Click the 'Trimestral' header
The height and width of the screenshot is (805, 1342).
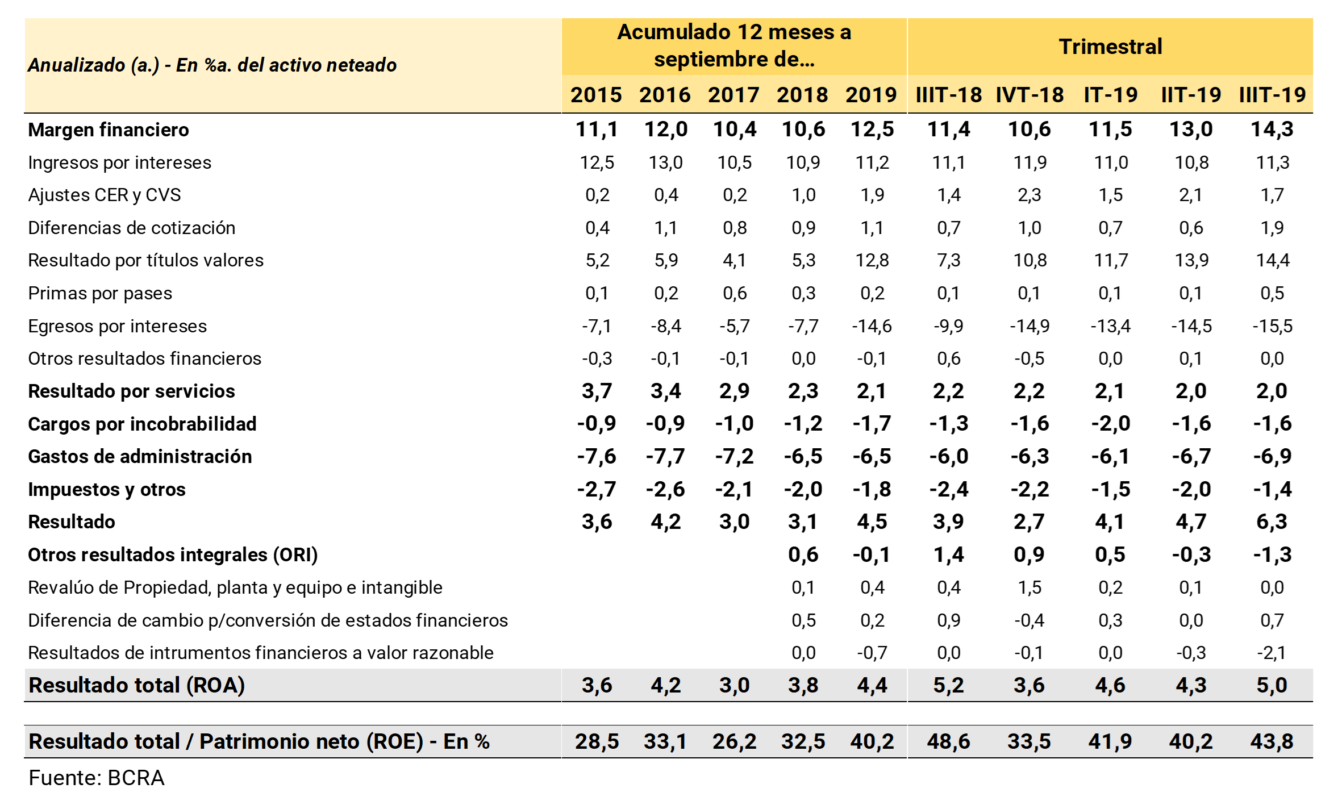point(1110,47)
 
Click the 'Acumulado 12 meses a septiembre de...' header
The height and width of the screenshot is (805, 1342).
point(734,45)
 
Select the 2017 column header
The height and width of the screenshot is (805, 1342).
point(733,95)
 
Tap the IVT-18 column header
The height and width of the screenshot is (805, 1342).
point(1030,95)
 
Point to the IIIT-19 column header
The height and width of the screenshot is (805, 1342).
point(1272,95)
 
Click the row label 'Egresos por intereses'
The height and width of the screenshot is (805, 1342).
point(117,326)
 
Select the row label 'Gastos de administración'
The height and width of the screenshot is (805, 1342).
point(140,457)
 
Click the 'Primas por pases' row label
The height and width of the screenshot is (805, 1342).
point(100,293)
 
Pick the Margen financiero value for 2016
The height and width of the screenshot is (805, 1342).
point(665,130)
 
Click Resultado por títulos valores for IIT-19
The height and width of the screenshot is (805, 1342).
point(1191,260)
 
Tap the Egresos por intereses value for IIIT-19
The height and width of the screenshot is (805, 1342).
point(1272,326)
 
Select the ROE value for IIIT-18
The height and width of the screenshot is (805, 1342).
point(948,741)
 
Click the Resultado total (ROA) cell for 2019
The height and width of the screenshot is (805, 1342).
point(872,685)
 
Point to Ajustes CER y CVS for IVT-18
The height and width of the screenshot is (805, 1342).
point(1030,195)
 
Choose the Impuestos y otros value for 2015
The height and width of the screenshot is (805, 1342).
point(597,489)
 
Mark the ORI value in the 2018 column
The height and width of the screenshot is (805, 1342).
point(803,554)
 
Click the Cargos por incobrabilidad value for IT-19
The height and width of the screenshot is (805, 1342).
point(1110,424)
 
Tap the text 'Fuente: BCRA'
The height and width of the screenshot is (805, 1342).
point(97,778)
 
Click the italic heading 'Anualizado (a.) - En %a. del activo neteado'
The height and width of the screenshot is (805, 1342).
point(212,65)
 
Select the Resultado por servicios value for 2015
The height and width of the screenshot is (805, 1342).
point(597,391)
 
